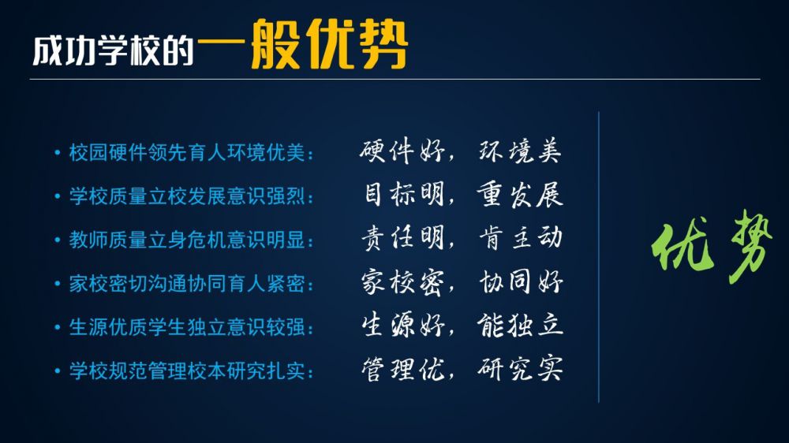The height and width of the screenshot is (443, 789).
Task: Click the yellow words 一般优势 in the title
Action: [302, 43]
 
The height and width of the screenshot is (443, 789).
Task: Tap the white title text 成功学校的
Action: [113, 50]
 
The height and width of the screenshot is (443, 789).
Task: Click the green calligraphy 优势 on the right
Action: [711, 244]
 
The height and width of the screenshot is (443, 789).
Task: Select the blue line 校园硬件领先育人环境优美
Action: [187, 152]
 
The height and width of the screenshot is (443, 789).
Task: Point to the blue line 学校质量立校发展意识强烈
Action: [187, 196]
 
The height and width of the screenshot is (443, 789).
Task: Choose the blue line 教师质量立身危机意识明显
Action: [187, 240]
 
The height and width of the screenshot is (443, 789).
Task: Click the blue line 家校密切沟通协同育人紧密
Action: [187, 284]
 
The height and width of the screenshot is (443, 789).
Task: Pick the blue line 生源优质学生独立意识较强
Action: [187, 327]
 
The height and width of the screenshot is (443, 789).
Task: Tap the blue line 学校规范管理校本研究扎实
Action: [187, 371]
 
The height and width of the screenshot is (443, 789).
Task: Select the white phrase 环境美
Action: [520, 151]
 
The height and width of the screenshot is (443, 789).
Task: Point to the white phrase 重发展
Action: [520, 195]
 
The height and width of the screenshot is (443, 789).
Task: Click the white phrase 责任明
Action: [402, 238]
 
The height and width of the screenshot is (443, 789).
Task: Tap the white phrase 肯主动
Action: [520, 238]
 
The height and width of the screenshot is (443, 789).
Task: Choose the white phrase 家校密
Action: [402, 282]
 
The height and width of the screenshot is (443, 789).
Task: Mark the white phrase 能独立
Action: [520, 326]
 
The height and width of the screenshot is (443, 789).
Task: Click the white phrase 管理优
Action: [402, 370]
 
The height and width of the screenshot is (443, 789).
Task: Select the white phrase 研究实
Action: [520, 369]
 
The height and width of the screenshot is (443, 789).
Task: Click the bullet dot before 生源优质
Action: [58, 328]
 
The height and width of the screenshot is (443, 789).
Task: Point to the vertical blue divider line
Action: [599, 257]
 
